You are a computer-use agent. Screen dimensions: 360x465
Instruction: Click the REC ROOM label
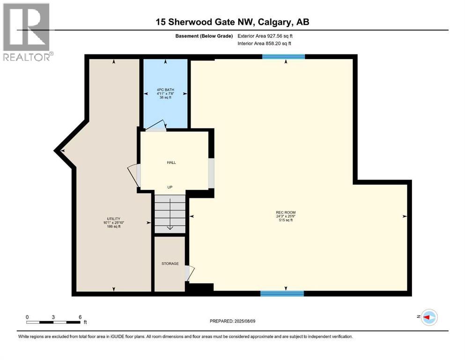pos(286,212)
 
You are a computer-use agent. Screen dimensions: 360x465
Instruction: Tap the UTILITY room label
pos(113,218)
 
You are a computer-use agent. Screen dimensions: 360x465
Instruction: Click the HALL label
pos(171,162)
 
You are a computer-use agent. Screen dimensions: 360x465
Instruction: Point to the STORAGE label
pos(170,263)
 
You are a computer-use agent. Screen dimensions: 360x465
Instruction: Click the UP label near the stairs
pos(170,187)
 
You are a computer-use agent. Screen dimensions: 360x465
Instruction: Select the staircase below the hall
pos(170,214)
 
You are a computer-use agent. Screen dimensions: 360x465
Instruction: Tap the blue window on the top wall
pos(283,57)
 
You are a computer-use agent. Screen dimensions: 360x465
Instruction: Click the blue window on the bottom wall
pos(282,293)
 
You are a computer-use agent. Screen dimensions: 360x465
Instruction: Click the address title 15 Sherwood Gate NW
pos(233,22)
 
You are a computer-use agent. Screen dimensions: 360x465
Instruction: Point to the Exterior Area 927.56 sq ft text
pos(265,36)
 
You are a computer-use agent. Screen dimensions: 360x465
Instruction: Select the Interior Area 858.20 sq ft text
pos(265,44)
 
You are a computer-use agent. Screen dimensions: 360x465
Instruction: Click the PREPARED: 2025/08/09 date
pos(233,321)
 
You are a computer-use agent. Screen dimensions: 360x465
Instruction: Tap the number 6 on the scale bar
pos(80,317)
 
